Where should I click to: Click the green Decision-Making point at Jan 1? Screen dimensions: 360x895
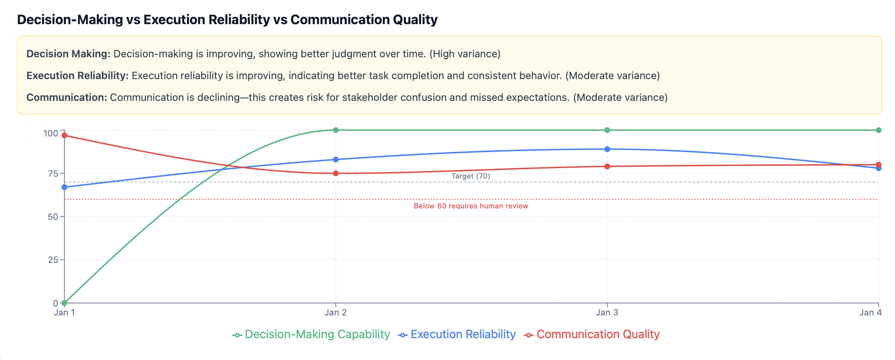(64, 303)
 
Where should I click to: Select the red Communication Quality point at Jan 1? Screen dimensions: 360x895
(64, 135)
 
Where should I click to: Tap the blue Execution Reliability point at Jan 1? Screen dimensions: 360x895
(64, 187)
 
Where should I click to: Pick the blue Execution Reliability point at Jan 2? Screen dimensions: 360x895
(336, 160)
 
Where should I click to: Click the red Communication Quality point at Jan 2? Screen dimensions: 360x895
(336, 173)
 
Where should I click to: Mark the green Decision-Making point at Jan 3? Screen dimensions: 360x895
(607, 130)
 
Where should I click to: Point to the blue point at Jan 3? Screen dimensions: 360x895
(607, 149)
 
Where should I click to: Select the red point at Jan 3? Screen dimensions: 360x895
(607, 166)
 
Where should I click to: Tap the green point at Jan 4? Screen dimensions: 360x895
(878, 130)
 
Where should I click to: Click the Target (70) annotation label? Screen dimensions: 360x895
(471, 176)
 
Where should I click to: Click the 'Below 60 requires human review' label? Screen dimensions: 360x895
(471, 206)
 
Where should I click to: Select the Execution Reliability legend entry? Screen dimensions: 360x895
(457, 334)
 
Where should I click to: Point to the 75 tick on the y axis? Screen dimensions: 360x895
(53, 174)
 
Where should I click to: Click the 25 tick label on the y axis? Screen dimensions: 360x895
(53, 260)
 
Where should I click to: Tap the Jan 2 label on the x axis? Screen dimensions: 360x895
(336, 313)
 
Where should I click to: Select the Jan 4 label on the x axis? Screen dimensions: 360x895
(870, 313)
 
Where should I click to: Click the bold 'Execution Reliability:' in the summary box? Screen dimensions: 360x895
(77, 76)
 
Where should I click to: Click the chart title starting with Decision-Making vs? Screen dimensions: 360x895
(227, 20)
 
